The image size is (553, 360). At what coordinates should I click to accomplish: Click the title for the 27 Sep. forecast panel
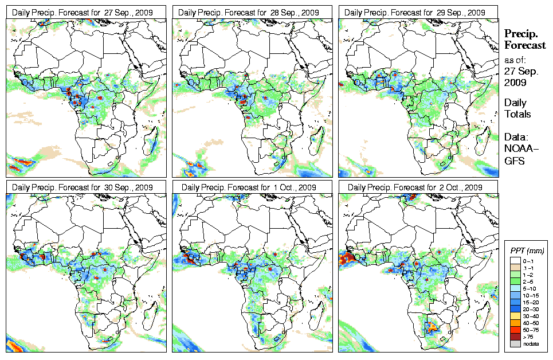coord(82,12)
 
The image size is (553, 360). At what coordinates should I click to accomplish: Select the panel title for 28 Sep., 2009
coord(248,12)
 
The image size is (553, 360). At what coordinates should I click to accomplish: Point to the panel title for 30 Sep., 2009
coord(82,187)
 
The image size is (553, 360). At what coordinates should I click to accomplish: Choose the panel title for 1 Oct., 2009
coord(248,187)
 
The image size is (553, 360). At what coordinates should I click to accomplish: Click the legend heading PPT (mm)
coord(527,251)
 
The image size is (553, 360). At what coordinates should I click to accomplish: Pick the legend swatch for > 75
coord(515,336)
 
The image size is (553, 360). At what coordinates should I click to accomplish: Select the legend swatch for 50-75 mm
coord(515,330)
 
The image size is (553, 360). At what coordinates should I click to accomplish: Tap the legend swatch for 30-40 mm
coord(515,316)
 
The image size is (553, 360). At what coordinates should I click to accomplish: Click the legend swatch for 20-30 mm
coord(515,309)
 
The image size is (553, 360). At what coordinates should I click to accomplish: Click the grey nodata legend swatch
coord(515,344)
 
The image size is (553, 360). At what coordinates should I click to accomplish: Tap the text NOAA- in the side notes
coord(518,148)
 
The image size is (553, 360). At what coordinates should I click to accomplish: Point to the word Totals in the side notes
coord(517,114)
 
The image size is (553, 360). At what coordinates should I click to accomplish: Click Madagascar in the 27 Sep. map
coord(151,140)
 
